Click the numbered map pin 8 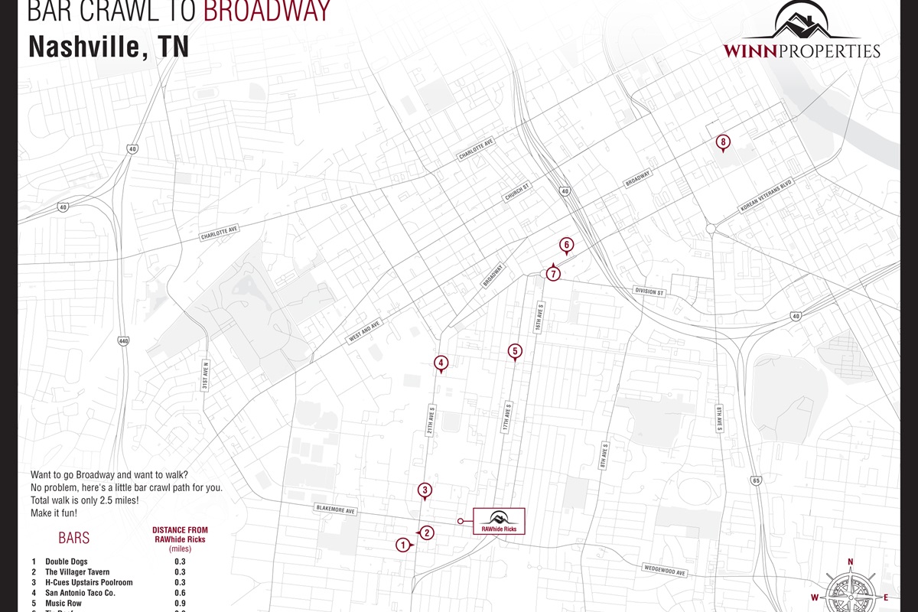click(723, 142)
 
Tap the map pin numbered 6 click(566, 246)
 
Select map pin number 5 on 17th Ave click(515, 352)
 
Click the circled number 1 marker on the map click(402, 545)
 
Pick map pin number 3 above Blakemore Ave click(425, 490)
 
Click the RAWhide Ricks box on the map click(499, 521)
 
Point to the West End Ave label click(365, 332)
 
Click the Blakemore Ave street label click(337, 509)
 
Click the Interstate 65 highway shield click(756, 480)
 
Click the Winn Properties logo click(801, 31)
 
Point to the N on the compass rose click(851, 562)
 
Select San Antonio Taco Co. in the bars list click(80, 593)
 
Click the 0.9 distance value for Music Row click(180, 604)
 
